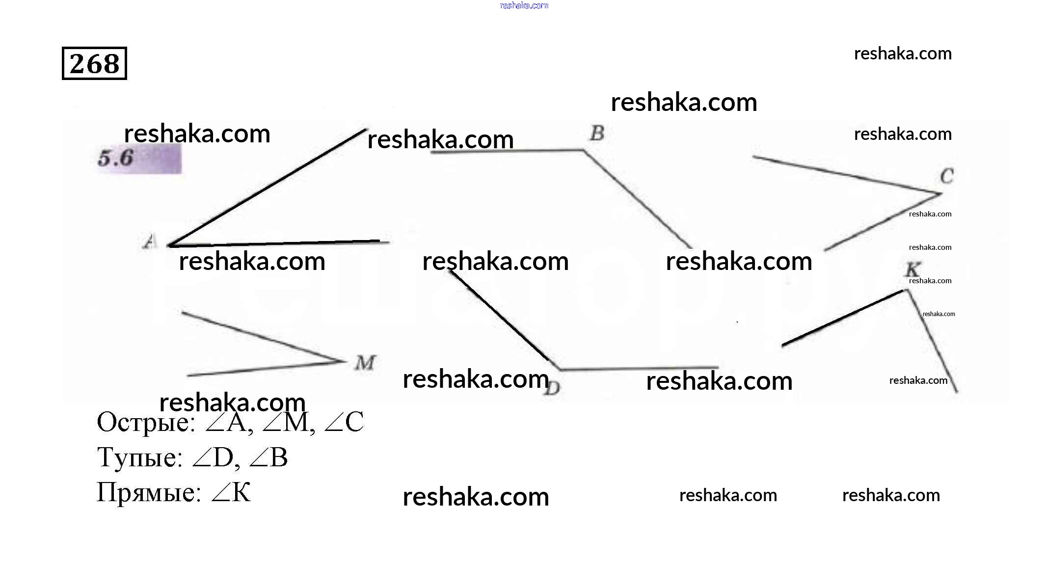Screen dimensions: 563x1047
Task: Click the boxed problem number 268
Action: (94, 63)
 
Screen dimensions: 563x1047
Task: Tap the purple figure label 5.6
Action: (116, 158)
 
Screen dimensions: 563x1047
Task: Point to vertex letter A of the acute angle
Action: (150, 241)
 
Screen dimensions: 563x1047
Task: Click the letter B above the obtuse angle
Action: (597, 133)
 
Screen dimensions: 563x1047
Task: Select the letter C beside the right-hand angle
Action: (947, 176)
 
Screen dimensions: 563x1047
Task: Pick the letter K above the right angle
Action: (913, 269)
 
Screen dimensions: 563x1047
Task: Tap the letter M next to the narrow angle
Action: (365, 363)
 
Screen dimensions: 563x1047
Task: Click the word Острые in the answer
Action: (146, 422)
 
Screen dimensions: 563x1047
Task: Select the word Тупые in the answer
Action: (139, 457)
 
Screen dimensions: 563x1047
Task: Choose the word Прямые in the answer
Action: (149, 492)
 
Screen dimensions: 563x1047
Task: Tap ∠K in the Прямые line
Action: (231, 492)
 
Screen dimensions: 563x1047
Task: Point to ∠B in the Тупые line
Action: (268, 457)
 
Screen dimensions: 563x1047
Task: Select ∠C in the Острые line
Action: (344, 422)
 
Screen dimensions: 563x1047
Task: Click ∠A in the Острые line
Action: (228, 422)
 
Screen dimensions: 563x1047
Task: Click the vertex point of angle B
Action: (584, 151)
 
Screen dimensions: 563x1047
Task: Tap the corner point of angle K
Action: (905, 291)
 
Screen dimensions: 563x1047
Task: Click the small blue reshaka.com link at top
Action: (524, 5)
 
